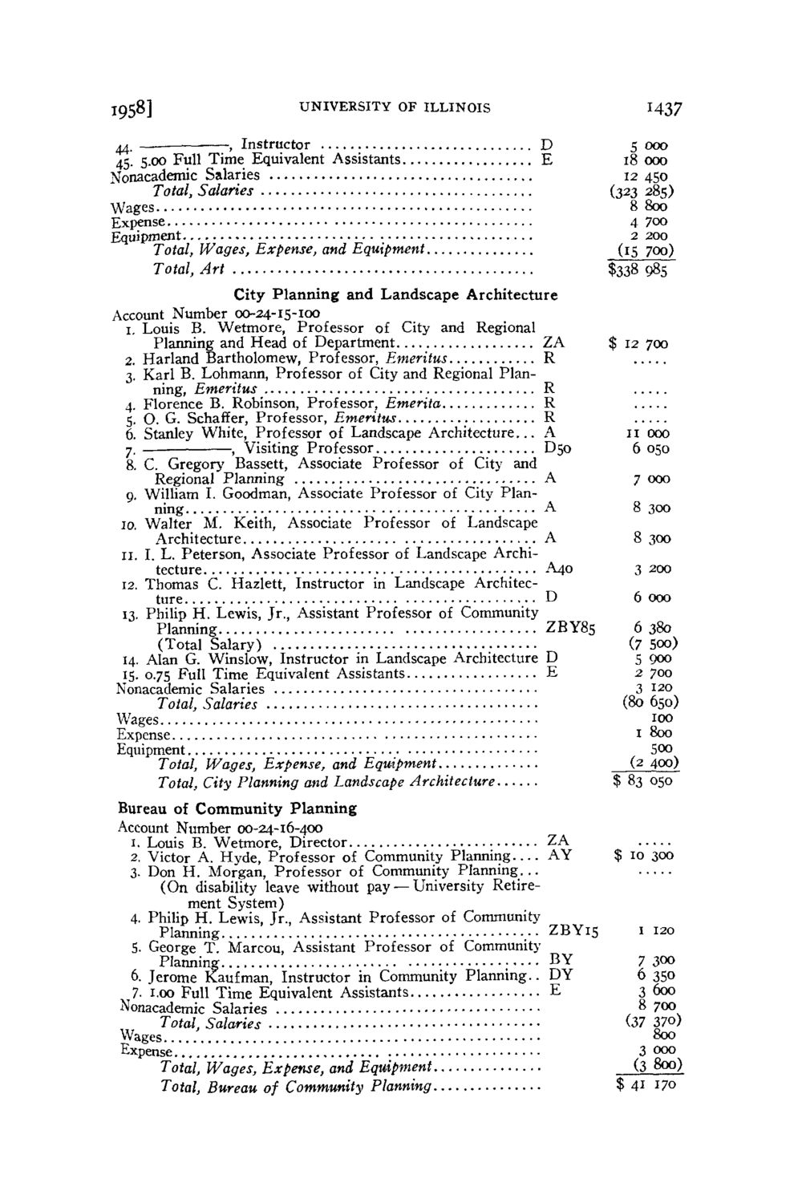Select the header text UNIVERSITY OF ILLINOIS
tap(392, 106)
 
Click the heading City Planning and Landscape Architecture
tap(395, 294)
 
